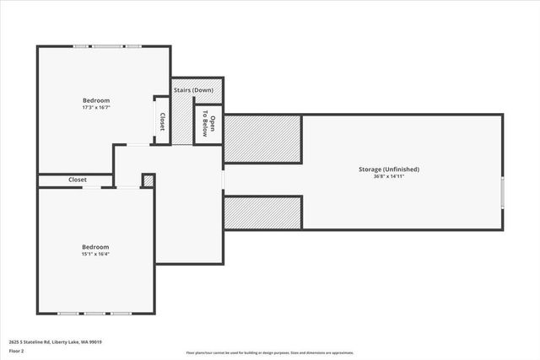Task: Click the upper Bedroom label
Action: pos(95,100)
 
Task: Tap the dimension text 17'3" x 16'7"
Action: pos(95,107)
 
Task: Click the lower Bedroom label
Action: pos(95,247)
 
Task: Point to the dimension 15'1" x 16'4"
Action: pos(95,254)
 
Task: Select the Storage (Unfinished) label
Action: pos(389,169)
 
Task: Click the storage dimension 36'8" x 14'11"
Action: pos(389,176)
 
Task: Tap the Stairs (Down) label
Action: pos(193,90)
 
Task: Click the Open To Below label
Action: pos(208,126)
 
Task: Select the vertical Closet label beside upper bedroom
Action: pos(162,122)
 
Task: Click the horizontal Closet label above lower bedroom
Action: pos(78,180)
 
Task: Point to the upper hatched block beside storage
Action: pos(262,138)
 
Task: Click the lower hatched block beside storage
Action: pos(262,212)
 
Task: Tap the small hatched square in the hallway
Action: pos(148,180)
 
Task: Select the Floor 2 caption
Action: pos(16,351)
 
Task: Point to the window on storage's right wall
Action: pos(503,192)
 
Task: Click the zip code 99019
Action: pos(107,342)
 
